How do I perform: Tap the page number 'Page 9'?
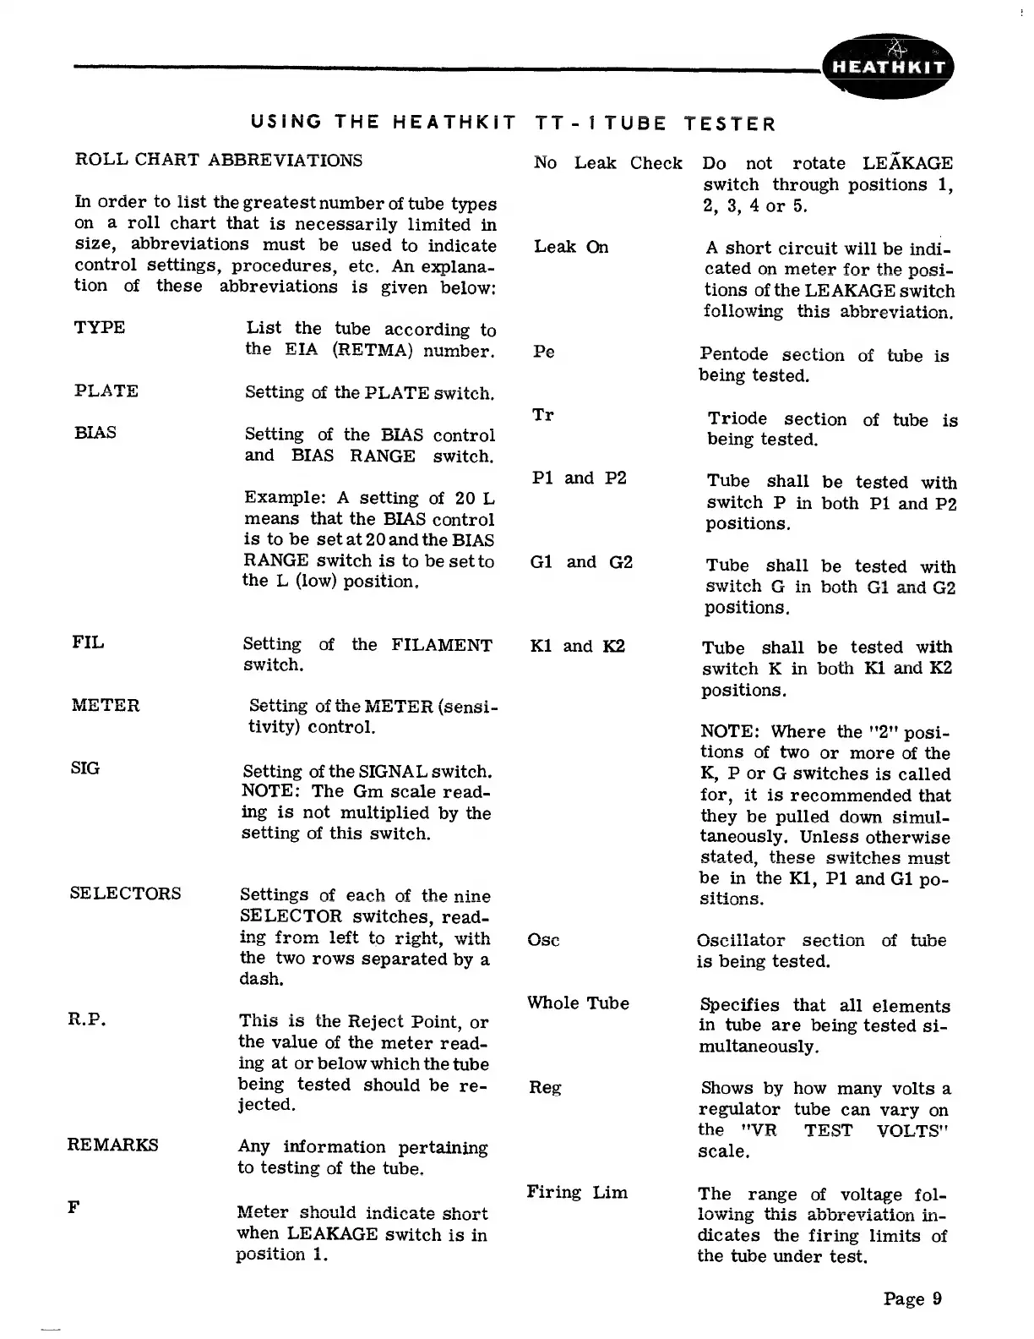tap(912, 1298)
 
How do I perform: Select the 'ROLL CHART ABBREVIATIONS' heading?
tap(219, 160)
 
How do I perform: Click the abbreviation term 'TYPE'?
tap(100, 327)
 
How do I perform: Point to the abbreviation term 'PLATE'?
tap(106, 391)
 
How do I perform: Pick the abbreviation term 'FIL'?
tap(88, 642)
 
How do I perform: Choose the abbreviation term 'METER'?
tap(106, 705)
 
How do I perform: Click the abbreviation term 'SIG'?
tap(85, 768)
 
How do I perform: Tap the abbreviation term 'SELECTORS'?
tap(125, 894)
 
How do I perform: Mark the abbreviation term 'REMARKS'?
tap(112, 1145)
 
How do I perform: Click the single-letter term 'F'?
tap(73, 1207)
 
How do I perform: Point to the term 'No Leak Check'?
tap(607, 162)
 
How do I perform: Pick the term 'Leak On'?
tap(571, 247)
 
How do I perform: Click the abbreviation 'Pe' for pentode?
tap(544, 352)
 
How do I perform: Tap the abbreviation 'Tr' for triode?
tap(543, 415)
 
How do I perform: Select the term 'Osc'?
tap(543, 940)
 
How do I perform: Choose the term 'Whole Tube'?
tap(578, 1003)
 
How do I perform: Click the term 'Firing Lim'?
tap(577, 1193)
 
